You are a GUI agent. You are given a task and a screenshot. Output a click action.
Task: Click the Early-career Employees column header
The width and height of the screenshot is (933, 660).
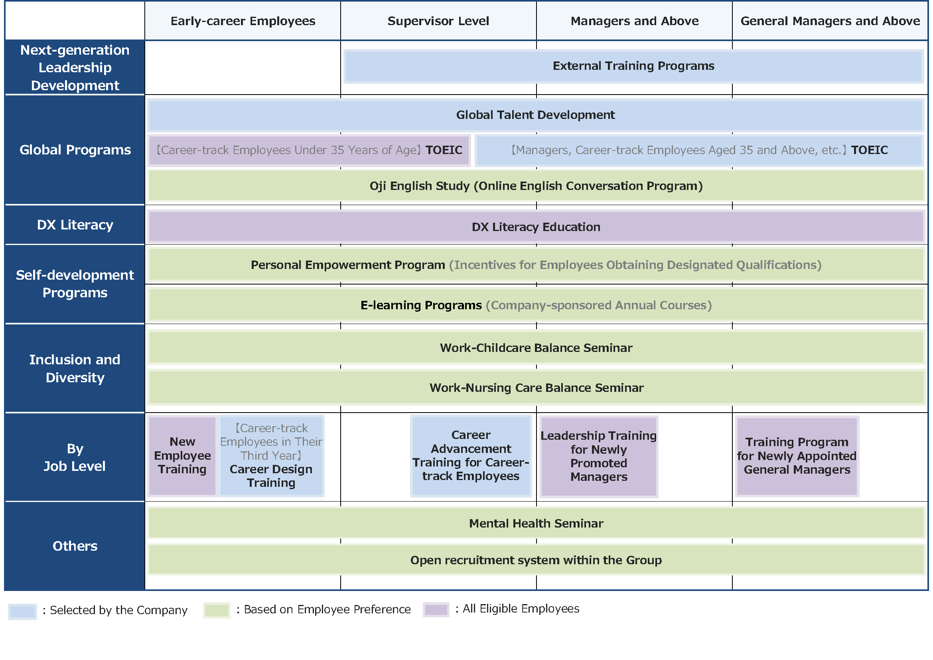243,21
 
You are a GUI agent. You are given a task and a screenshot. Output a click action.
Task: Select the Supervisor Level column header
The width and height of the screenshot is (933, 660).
438,21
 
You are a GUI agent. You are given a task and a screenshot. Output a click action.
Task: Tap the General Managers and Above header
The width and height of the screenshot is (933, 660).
830,21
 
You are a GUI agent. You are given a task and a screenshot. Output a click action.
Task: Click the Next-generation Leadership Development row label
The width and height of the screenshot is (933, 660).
75,67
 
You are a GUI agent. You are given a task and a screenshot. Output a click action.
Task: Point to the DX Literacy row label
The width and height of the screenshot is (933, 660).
75,225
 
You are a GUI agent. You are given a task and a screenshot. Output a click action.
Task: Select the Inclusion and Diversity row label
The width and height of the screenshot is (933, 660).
75,368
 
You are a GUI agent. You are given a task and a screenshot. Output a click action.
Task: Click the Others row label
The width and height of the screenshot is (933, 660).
75,546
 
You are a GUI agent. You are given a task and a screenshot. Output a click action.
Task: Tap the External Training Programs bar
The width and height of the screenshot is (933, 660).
633,66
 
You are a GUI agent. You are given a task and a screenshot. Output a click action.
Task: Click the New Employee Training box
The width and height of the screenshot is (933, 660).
182,455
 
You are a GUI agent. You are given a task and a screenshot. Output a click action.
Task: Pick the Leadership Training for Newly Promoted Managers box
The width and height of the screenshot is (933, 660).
598,456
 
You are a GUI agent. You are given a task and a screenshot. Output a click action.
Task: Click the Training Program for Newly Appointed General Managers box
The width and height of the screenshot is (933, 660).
797,456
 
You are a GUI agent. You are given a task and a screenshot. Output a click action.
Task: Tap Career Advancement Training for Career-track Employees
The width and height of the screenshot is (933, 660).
471,456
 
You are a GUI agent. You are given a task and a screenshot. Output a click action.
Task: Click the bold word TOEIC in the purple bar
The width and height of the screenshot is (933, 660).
444,150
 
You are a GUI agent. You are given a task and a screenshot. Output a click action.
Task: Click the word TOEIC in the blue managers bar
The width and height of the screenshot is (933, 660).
869,150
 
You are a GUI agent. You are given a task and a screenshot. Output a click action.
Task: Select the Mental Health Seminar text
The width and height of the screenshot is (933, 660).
536,524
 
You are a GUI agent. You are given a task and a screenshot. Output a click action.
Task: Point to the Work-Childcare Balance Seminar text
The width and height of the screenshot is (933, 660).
536,348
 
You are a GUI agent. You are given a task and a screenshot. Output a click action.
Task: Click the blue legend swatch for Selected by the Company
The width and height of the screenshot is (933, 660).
22,611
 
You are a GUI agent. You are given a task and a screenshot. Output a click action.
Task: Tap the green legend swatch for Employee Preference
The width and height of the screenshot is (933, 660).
217,611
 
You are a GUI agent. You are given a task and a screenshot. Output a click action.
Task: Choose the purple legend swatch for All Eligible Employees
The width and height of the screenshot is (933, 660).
436,610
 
